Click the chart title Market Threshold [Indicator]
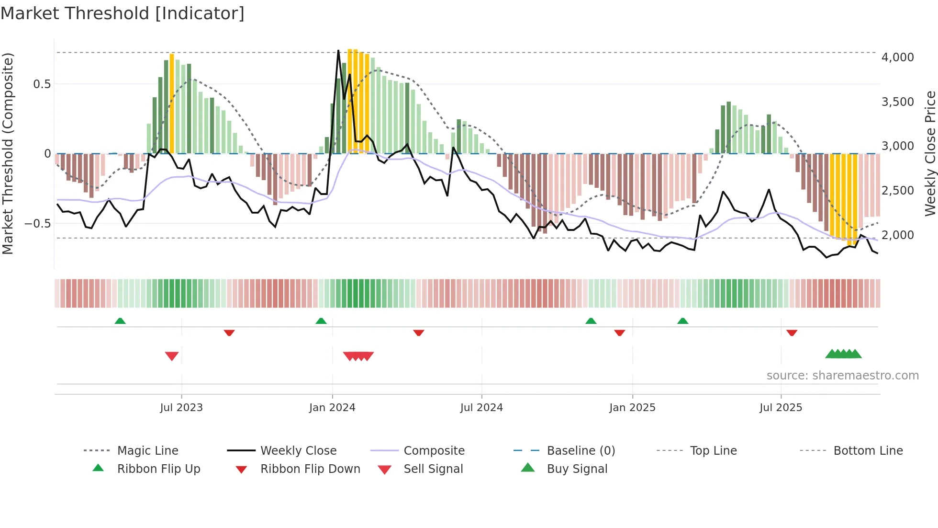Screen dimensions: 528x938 [123, 13]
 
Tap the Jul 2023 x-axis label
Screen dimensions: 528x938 [181, 408]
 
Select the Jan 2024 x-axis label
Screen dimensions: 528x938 [332, 408]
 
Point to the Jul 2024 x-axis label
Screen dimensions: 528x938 [481, 408]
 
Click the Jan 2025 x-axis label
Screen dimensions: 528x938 [632, 408]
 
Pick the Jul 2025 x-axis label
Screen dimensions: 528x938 [781, 408]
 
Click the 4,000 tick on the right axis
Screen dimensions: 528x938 [897, 57]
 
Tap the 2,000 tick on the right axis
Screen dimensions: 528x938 [897, 235]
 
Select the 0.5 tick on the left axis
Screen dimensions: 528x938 [42, 84]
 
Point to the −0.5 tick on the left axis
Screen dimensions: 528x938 [38, 224]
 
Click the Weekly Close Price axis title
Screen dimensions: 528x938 [930, 153]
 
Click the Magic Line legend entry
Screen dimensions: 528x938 [147, 451]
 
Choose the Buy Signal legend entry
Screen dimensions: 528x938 [577, 469]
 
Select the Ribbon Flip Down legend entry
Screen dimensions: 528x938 [310, 469]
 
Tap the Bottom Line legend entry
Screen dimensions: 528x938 [868, 451]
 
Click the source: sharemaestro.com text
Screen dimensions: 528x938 [842, 376]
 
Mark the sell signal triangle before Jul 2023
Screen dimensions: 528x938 [172, 356]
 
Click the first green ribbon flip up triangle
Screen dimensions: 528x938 [120, 321]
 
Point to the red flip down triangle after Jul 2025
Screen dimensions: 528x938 [792, 333]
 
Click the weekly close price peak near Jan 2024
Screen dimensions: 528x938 [338, 51]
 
